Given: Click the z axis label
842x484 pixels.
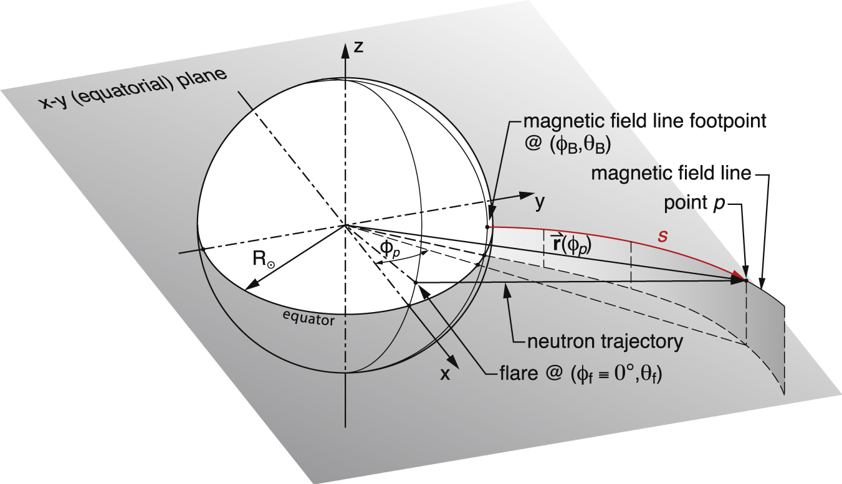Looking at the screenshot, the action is pos(358,47).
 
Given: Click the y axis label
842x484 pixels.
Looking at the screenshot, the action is pos(540,203).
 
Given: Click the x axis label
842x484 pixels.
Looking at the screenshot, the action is pos(444,374).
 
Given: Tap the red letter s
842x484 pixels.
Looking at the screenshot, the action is pos(663,236).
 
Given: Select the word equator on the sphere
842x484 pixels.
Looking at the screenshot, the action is pos(309,319).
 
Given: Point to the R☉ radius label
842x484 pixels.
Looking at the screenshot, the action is pos(264,259).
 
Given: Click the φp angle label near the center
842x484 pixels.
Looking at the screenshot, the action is pos(390,249).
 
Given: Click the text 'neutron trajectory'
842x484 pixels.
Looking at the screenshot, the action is pos(605,341).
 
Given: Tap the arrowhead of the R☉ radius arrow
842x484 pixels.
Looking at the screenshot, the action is pos(252,284).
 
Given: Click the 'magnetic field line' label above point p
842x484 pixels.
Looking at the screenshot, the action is pos(671,174).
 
